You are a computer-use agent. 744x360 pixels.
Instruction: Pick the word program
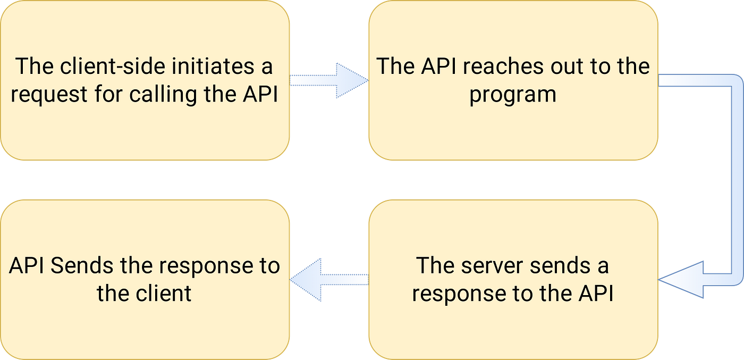[x=513, y=95]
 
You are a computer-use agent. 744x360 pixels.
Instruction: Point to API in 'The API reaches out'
[x=438, y=66]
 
